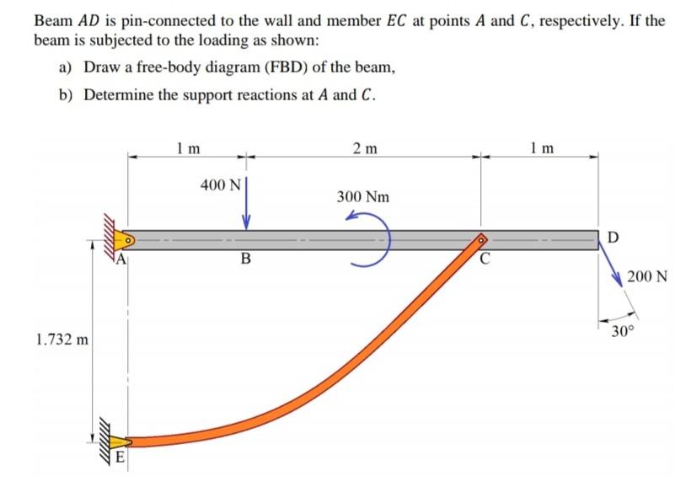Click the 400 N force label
[221, 185]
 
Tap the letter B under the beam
[246, 259]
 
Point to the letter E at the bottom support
[120, 459]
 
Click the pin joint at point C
[481, 240]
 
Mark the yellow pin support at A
[122, 240]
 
